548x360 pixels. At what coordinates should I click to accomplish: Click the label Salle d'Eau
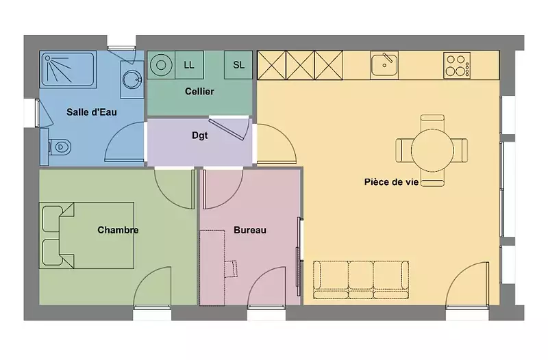coord(92,112)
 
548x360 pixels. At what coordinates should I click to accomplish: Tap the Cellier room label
coord(199,92)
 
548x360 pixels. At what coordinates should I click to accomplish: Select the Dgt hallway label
coord(199,136)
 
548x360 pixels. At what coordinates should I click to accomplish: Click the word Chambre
coord(118,230)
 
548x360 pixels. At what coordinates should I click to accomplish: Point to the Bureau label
coord(250,230)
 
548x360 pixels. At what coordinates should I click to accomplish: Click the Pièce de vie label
coord(391,182)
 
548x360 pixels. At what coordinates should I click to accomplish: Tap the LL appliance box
coord(189,65)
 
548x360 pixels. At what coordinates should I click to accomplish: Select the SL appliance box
coord(238,65)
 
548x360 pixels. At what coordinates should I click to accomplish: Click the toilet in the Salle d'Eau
coord(60,147)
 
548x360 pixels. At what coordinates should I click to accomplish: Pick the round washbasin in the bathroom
coord(132,79)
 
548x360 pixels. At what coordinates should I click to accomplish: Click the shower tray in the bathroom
coord(68,69)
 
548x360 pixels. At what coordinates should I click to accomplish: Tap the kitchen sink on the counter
coord(384,65)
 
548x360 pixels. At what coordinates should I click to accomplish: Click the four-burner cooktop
coord(457,65)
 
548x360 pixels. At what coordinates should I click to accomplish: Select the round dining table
coord(432,150)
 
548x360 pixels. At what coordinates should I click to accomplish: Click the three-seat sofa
coord(361,280)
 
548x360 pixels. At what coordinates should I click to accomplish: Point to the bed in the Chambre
coord(86,235)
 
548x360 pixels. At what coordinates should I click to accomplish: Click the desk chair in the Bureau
coord(231,268)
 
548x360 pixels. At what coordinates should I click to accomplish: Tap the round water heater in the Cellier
coord(161,65)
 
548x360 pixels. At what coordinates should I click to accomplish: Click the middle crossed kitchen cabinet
coord(300,65)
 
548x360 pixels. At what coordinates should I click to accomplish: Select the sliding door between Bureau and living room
coord(299,256)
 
